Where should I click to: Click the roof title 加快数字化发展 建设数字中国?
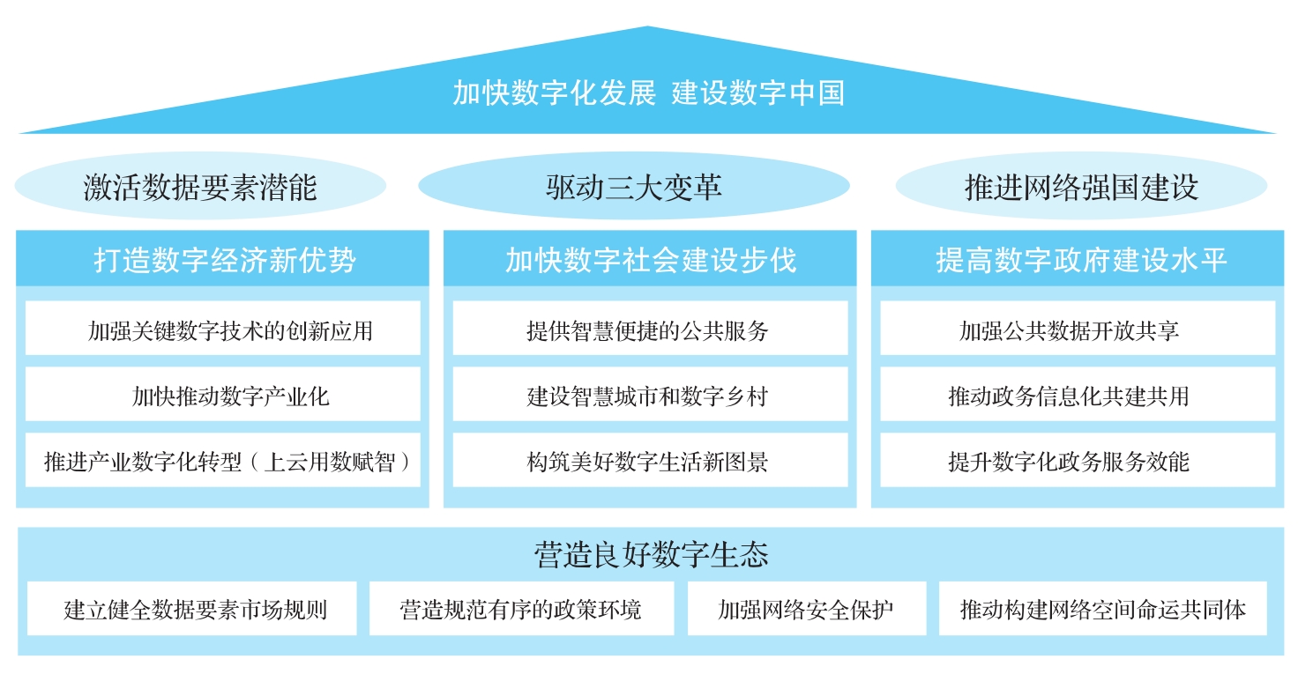point(648,93)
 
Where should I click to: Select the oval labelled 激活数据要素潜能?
point(200,186)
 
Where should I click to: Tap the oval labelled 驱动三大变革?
point(634,186)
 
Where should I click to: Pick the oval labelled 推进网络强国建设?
point(1081,186)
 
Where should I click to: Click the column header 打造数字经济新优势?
point(223,259)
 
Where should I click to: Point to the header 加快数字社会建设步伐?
point(650,259)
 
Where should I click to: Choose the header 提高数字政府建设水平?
point(1078,259)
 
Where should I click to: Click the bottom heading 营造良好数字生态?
point(651,554)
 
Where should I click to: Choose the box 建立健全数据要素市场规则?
point(192,609)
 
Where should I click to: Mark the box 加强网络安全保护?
point(807,609)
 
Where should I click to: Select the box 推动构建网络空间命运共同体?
point(1102,609)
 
